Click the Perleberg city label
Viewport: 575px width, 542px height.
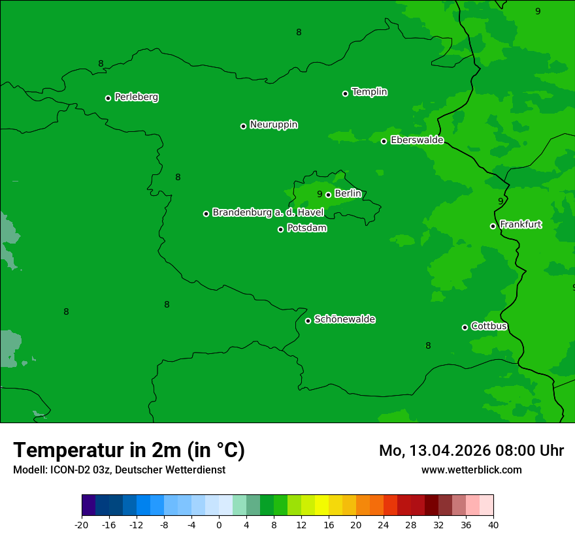click(136, 97)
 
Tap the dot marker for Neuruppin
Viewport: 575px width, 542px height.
click(243, 126)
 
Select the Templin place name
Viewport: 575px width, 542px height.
click(369, 92)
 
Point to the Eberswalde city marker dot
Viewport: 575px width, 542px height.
click(384, 141)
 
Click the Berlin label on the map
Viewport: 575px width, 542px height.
click(348, 193)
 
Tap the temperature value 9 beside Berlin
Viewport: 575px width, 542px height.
click(320, 194)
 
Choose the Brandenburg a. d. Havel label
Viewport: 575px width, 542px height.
click(268, 212)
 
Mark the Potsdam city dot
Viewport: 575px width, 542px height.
click(280, 229)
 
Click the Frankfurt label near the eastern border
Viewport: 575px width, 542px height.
click(520, 225)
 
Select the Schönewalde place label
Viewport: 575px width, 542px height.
click(344, 319)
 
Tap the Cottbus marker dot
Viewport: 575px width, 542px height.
click(465, 327)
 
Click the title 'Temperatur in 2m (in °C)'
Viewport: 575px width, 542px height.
click(129, 451)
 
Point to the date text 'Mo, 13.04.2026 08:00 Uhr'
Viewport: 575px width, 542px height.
click(471, 451)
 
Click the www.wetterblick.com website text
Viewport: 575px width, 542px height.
click(471, 470)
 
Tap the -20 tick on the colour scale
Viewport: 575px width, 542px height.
click(82, 525)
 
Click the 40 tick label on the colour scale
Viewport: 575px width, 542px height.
click(493, 525)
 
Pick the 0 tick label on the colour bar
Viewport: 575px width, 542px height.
click(219, 525)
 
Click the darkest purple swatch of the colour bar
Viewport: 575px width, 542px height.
click(88, 505)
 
